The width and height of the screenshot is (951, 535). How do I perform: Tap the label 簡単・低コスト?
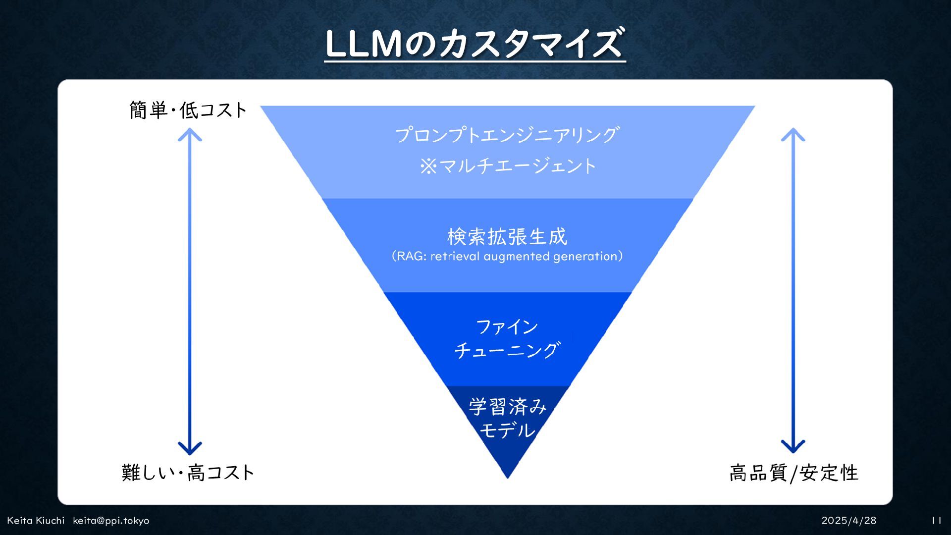(x=188, y=110)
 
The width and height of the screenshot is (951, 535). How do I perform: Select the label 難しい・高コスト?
(x=188, y=473)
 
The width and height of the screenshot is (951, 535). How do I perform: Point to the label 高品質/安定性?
(x=793, y=473)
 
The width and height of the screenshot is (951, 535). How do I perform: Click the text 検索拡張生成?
(x=507, y=237)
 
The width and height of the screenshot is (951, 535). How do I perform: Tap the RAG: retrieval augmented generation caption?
(x=507, y=256)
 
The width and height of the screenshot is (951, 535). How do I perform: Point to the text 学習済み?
(x=507, y=407)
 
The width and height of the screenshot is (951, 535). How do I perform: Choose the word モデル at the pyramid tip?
(x=507, y=429)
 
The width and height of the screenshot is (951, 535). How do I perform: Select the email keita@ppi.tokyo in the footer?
(x=111, y=521)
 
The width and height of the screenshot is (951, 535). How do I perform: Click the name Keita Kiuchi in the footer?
(x=36, y=521)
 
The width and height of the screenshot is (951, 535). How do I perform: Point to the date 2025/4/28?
(x=848, y=521)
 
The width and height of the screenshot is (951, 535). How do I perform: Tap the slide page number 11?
(x=936, y=521)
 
